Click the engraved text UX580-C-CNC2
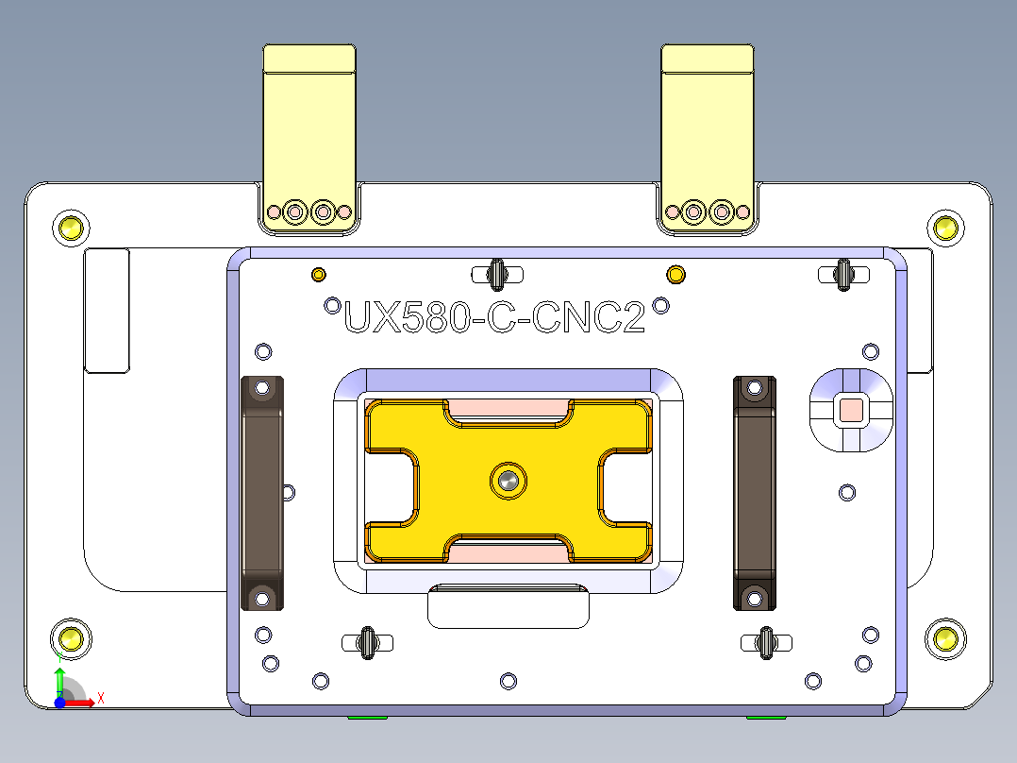(x=494, y=318)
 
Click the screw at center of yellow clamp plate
(x=508, y=481)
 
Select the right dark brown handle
(x=755, y=492)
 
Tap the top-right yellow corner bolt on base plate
(x=944, y=227)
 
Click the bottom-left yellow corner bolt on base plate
(x=71, y=638)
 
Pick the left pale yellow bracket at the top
(x=309, y=132)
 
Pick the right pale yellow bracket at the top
(x=708, y=132)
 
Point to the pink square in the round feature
(x=851, y=410)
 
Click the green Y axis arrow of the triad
(x=59, y=679)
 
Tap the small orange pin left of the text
(x=319, y=275)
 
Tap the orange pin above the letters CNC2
(x=675, y=275)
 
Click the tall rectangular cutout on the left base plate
(x=107, y=311)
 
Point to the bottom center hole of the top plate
(x=508, y=680)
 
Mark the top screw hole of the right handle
(x=755, y=387)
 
